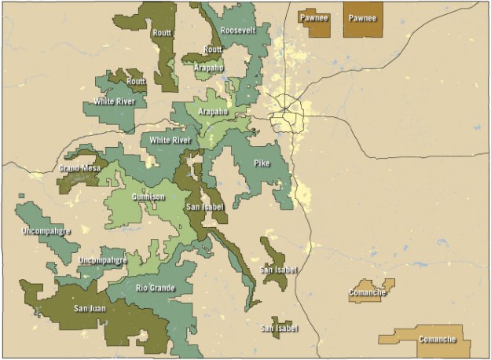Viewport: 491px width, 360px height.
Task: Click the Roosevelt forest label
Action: pos(236,29)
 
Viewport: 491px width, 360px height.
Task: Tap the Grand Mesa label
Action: pos(79,167)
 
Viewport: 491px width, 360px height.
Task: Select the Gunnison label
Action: pos(148,197)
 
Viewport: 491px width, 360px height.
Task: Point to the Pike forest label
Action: pos(262,163)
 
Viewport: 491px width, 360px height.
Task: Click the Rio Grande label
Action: pos(156,288)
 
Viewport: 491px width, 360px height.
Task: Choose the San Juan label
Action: pos(91,308)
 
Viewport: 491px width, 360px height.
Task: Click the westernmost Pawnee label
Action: pos(313,17)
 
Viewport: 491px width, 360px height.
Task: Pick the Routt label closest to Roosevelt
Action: pos(212,50)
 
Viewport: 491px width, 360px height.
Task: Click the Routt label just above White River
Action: pos(136,81)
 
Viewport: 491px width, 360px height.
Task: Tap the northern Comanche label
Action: pos(367,293)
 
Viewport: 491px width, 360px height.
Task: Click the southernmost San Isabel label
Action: pos(280,327)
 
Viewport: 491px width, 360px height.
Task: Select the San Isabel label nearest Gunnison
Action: pos(206,207)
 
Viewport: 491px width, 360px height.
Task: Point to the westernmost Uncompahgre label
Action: pos(47,231)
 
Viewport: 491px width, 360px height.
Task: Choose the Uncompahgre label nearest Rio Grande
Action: pos(103,259)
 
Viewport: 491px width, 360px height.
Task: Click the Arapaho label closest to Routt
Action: pos(209,68)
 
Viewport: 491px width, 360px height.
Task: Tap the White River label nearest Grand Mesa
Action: pos(170,140)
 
